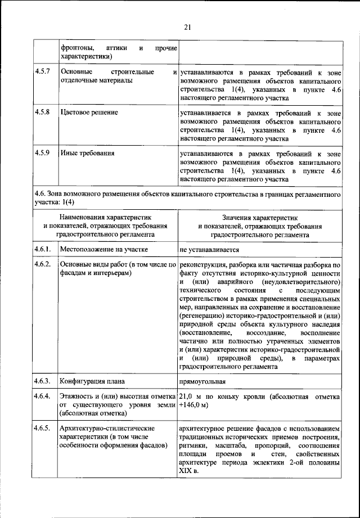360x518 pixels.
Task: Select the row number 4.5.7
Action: [43, 73]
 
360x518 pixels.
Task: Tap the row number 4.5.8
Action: [43, 112]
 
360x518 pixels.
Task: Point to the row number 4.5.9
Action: [43, 153]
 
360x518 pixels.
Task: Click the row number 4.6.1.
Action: [43, 249]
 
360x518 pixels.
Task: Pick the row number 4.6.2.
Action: [43, 264]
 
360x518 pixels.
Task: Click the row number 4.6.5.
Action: [43, 429]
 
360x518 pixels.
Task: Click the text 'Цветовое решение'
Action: [89, 112]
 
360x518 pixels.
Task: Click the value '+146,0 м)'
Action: [194, 406]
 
